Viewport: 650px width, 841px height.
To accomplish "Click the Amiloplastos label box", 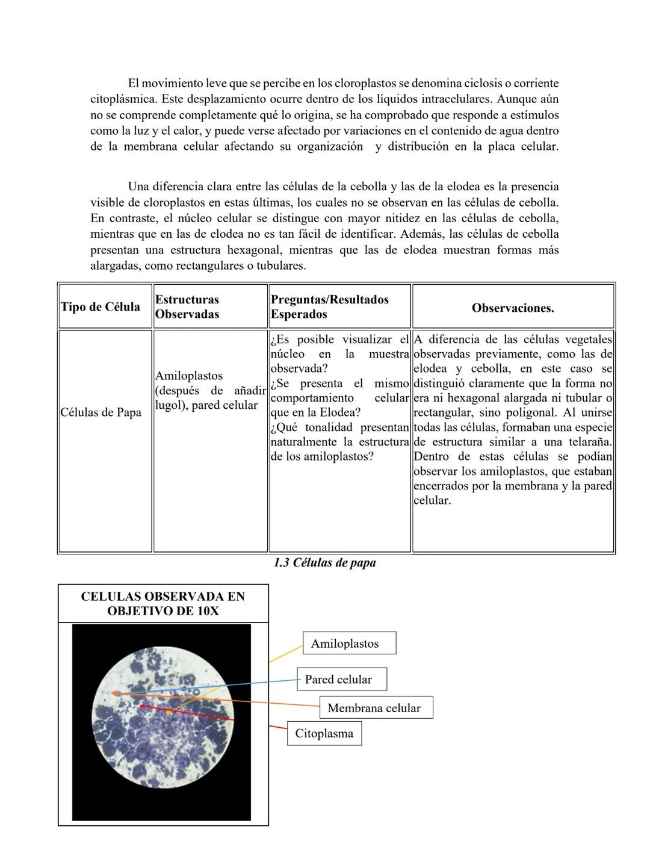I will point(349,643).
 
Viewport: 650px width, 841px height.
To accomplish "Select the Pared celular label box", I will point(341,679).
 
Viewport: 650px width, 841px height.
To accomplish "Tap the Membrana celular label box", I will point(376,708).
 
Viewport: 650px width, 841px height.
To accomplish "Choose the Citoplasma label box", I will point(324,733).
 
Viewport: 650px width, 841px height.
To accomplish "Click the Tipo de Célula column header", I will point(101,306).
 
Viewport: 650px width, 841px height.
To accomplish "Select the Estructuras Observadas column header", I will point(187,306).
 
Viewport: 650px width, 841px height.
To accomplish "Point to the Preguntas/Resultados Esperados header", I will point(330,306).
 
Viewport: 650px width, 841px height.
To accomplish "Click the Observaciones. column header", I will point(513,308).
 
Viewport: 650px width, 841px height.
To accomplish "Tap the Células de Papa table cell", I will point(101,412).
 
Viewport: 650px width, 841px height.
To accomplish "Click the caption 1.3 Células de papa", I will point(324,563).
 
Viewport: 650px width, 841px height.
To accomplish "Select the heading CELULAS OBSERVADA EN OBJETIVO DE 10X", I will point(162,603).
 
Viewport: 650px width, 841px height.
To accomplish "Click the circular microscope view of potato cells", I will point(161,722).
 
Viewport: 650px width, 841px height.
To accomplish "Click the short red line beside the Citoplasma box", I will point(277,727).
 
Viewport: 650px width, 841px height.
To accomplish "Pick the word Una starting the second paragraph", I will point(138,187).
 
